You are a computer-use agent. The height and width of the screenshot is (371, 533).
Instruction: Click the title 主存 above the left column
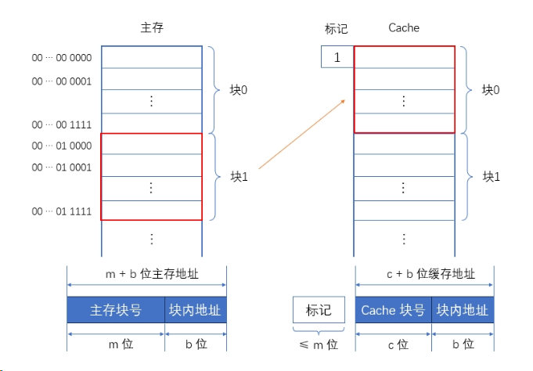(152, 27)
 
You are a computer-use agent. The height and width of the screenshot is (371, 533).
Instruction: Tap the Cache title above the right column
(404, 27)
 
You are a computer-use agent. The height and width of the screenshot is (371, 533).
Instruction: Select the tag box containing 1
(337, 57)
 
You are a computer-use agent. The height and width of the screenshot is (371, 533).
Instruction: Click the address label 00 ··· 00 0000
(62, 58)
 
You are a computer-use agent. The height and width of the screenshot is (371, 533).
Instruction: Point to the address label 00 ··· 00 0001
(62, 81)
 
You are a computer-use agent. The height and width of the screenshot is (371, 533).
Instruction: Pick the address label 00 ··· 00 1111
(62, 124)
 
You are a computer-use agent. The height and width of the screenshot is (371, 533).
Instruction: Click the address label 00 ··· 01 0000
(62, 146)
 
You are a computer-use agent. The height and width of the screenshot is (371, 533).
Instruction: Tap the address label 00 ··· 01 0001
(62, 167)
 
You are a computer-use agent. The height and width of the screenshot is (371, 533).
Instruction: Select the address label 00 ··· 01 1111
(62, 211)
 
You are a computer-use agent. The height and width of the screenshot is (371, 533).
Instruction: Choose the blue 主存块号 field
(116, 310)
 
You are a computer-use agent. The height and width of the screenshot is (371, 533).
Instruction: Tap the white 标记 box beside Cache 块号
(318, 310)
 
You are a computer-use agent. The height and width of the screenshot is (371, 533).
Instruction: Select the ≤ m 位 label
(318, 344)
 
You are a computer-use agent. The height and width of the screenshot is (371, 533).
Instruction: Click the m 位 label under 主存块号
(117, 344)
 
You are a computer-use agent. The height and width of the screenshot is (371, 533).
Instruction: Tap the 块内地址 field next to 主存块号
(196, 310)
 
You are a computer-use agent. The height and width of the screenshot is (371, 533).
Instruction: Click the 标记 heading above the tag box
(336, 29)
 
